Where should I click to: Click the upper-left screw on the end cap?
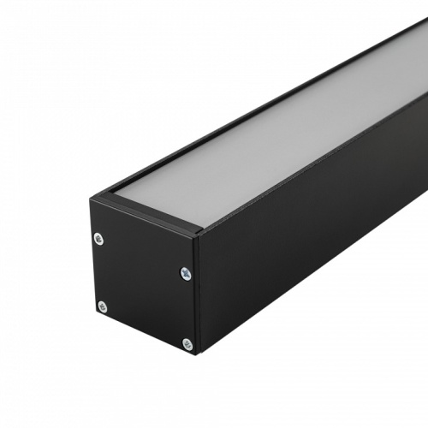click(99, 239)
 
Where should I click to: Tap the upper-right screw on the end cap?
click(185, 273)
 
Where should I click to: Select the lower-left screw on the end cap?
click(103, 306)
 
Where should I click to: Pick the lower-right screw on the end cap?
click(187, 344)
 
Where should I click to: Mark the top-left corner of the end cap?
click(90, 200)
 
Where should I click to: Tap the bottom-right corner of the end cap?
click(196, 354)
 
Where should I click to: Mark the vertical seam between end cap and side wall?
click(197, 291)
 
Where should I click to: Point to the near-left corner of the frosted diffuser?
click(115, 197)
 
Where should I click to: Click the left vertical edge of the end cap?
click(92, 257)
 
